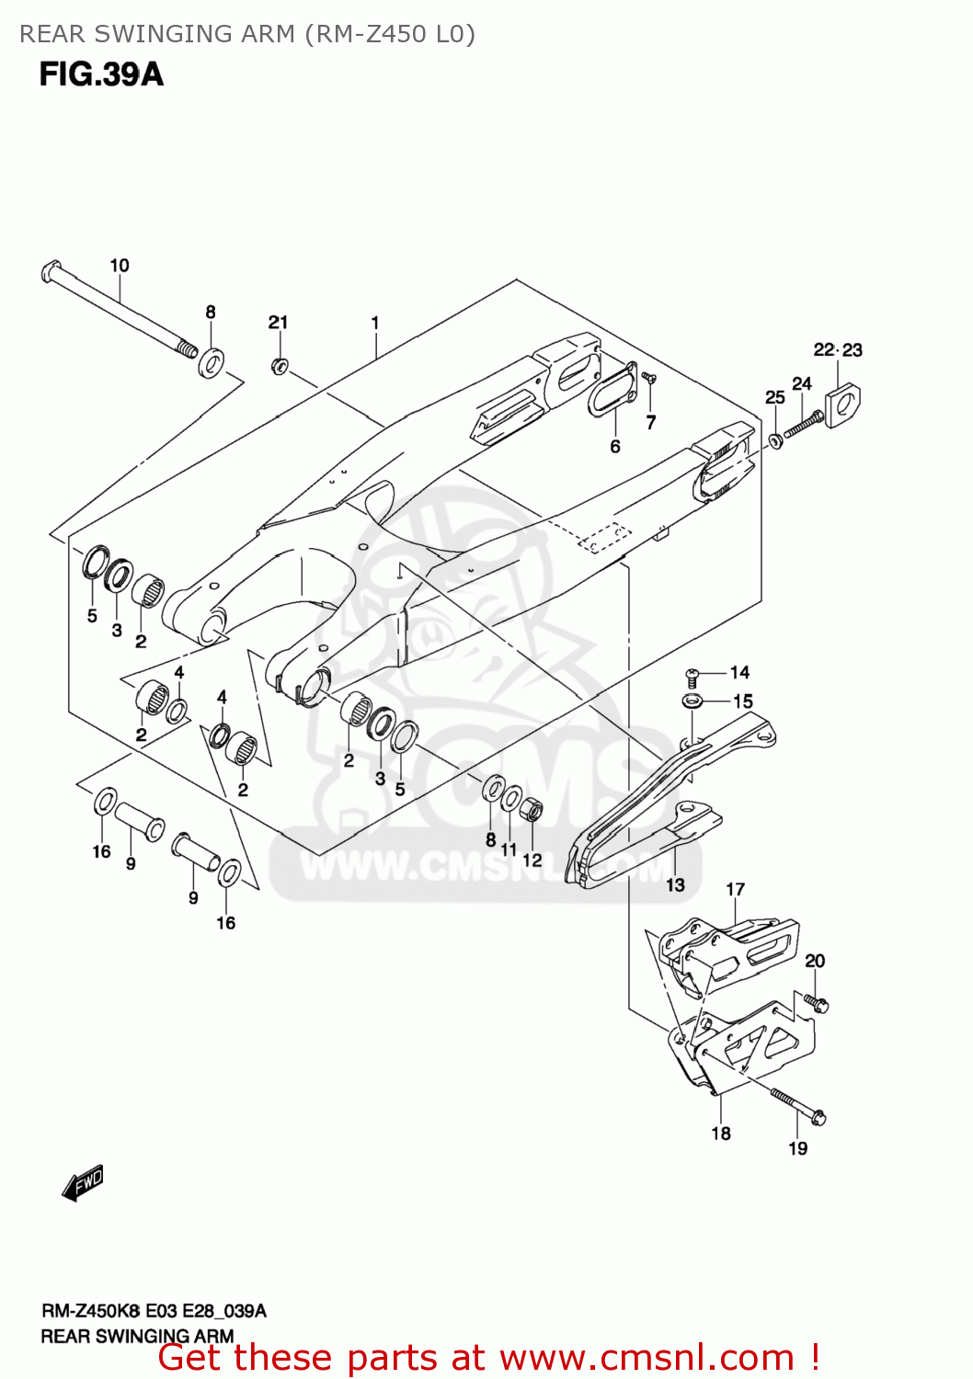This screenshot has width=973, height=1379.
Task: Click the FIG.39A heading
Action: pos(101,74)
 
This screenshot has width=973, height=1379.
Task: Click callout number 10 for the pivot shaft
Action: pos(120,266)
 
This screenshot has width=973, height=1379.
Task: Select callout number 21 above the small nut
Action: pos(278,322)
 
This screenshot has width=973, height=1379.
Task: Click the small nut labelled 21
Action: pos(280,366)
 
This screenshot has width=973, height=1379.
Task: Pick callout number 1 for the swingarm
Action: pos(375,323)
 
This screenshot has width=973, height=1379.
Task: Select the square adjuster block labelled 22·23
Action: pos(842,405)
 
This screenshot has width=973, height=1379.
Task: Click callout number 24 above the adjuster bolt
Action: pos(802,383)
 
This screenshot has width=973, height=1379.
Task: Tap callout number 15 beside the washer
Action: pos(743,701)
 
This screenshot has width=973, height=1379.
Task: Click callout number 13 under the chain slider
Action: pos(676,884)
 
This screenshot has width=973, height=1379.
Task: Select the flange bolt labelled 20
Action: pos(815,1002)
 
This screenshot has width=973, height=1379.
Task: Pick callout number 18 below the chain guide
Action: pos(721,1134)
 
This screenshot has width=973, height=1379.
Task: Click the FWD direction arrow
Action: pos(83,1183)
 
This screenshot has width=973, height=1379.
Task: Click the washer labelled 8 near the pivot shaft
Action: pos(211,362)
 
